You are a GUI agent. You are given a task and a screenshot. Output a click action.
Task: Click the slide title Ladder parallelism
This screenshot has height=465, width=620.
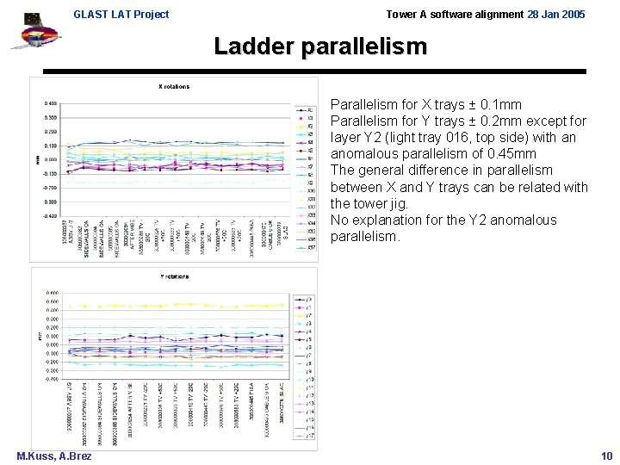click(319, 47)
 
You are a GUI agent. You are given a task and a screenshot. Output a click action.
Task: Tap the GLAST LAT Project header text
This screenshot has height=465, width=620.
click(121, 15)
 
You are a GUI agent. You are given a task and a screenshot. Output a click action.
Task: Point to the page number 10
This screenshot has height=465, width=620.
click(606, 456)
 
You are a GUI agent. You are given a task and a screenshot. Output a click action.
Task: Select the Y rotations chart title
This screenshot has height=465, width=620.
click(174, 276)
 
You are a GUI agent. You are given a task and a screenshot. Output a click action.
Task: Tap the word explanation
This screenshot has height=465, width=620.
click(388, 220)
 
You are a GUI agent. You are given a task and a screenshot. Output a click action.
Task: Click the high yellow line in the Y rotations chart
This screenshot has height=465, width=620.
click(172, 306)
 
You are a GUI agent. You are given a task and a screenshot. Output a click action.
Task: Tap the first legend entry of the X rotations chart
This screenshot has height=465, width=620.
click(305, 110)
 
